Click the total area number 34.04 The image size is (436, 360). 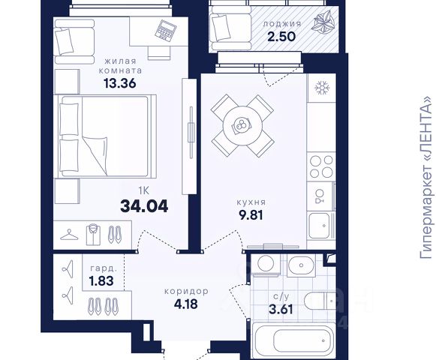[144, 206]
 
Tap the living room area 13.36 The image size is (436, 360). [120, 82]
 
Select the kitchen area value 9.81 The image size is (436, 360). [251, 214]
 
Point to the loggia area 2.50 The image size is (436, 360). [281, 37]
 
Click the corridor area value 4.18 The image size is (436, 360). [186, 304]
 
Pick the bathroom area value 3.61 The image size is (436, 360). [281, 309]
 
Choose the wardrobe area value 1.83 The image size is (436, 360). [101, 280]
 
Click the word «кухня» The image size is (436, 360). [251, 202]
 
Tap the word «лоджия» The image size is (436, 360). [282, 24]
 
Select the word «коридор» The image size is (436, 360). [186, 291]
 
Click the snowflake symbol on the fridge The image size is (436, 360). [322, 88]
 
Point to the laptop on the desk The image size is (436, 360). [166, 31]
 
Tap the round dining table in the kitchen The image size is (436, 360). [242, 126]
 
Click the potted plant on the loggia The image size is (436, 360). [323, 21]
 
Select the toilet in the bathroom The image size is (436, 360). [320, 301]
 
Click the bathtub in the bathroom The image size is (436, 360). [293, 340]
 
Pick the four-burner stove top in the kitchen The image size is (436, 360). [321, 166]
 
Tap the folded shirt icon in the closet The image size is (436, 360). [93, 235]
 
